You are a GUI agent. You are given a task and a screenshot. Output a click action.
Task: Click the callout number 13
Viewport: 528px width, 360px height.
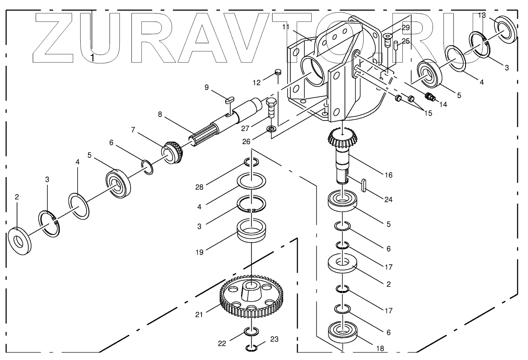click(x=482, y=16)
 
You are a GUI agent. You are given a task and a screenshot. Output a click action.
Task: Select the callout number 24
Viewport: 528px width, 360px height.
click(x=388, y=200)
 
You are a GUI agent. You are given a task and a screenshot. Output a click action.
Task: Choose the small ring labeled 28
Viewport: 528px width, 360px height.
click(x=252, y=162)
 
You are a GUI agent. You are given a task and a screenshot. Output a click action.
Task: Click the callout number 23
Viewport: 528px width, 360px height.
click(x=274, y=339)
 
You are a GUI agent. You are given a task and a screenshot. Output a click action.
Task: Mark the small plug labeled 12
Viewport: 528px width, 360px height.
click(x=278, y=72)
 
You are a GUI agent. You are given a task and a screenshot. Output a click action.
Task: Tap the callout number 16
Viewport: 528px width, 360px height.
click(x=388, y=175)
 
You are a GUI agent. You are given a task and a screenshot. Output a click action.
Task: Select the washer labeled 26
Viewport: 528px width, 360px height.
click(x=271, y=128)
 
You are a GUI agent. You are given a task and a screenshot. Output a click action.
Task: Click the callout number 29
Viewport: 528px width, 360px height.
click(x=405, y=28)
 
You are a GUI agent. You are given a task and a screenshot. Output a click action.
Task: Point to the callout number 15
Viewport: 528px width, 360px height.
click(x=428, y=113)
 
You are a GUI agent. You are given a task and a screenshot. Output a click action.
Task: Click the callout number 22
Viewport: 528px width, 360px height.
click(x=221, y=343)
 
